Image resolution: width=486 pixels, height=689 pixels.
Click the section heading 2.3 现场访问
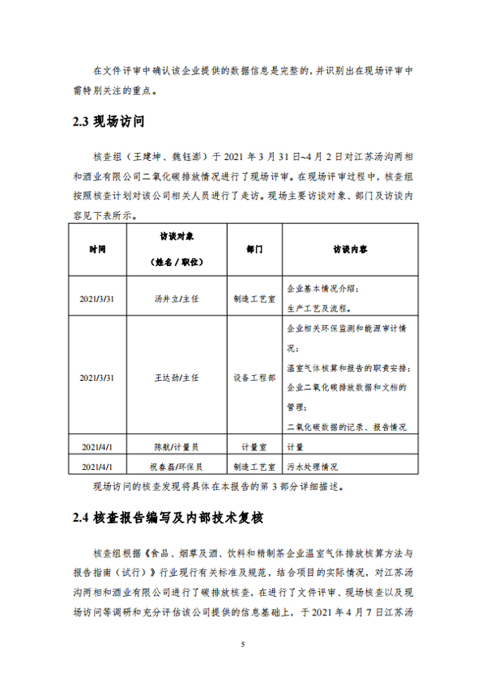coord(109,122)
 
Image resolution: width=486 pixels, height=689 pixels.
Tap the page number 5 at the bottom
coord(242,645)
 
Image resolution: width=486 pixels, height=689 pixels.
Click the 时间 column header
coord(97,249)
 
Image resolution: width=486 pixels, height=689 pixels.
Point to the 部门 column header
coord(255,250)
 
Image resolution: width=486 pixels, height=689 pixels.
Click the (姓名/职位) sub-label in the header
coord(176,263)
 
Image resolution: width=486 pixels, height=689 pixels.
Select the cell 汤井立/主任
coord(176,298)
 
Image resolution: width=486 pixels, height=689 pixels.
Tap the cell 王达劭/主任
coord(176,378)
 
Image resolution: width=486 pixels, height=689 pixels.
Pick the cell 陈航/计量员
coord(176,446)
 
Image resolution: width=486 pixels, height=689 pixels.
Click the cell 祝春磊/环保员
coord(176,467)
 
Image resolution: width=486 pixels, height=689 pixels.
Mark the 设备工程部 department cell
coord(255,378)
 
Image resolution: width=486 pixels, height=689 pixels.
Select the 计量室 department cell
coord(254,446)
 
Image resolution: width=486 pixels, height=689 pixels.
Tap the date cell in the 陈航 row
coord(97,446)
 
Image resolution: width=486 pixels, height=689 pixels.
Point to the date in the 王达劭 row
coord(97,378)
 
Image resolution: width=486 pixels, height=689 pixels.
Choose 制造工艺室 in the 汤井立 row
coord(255,298)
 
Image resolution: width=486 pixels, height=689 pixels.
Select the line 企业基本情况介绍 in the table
coord(322,288)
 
